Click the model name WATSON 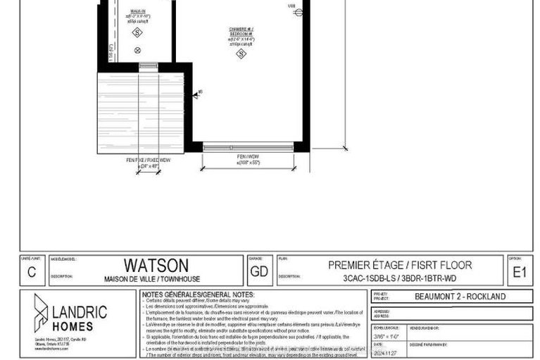click(156, 266)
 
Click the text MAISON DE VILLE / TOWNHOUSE click(156, 277)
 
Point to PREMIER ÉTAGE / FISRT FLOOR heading click(400, 265)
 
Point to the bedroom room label click(241, 33)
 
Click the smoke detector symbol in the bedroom click(241, 53)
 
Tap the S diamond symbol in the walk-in click(137, 33)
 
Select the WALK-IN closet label click(138, 12)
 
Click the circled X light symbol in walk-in click(138, 49)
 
